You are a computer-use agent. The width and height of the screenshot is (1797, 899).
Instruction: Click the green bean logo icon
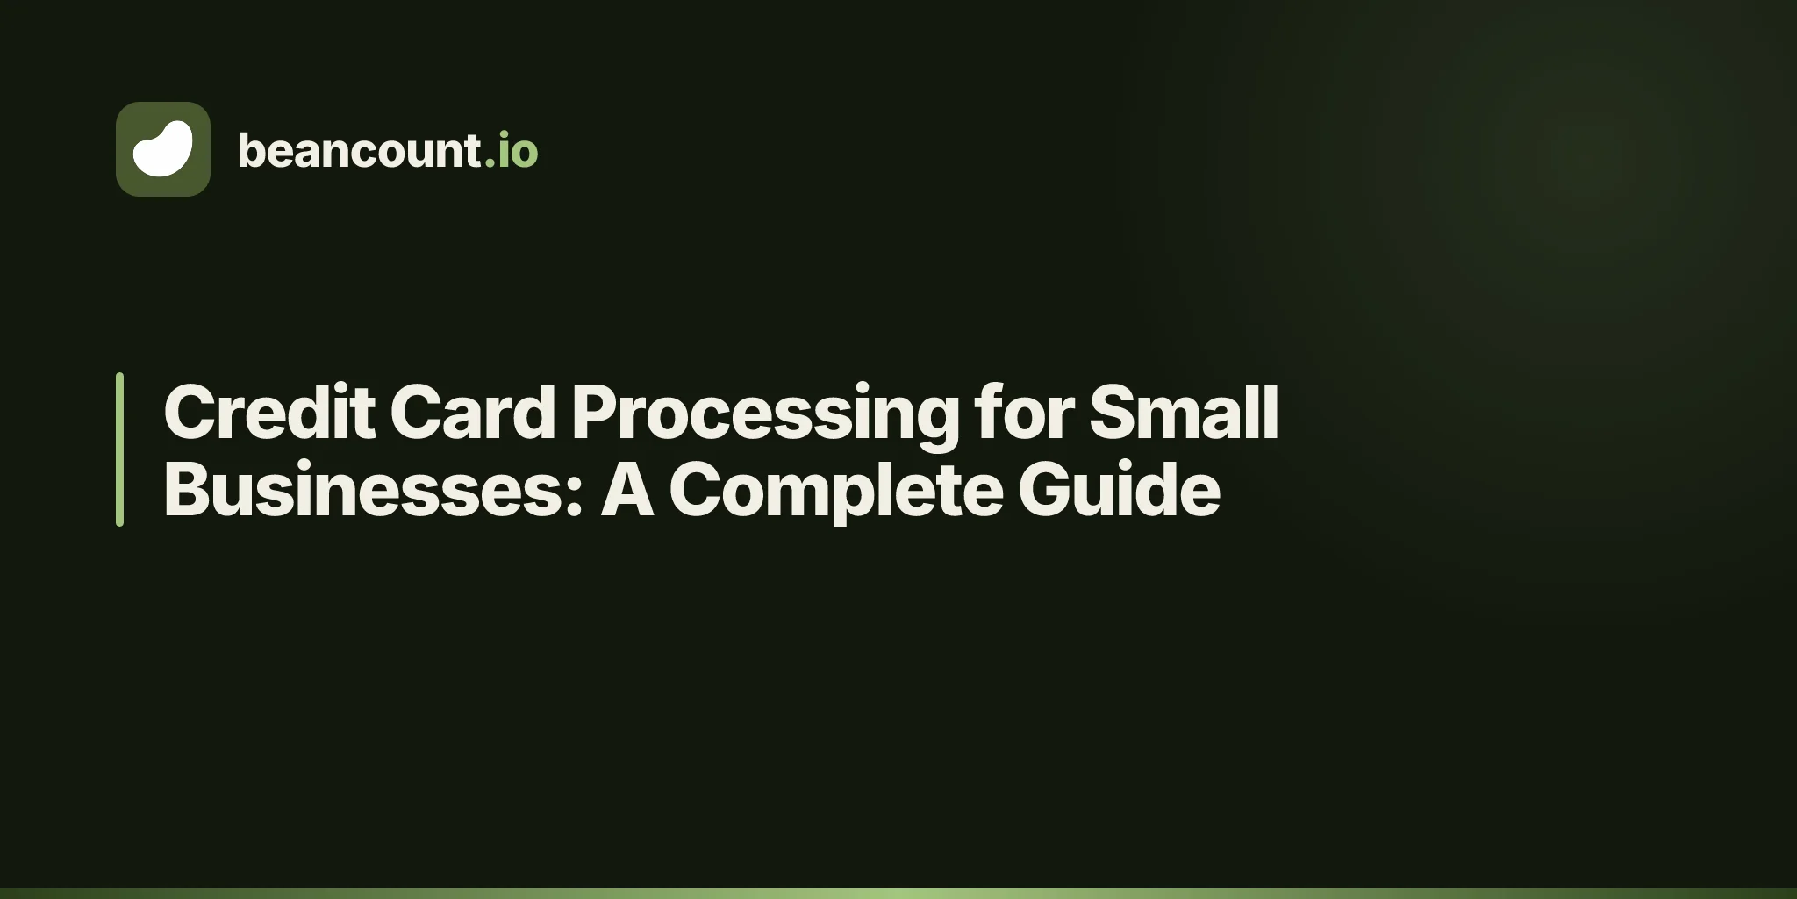coord(163,149)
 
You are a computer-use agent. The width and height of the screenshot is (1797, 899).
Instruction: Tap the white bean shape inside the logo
coord(163,148)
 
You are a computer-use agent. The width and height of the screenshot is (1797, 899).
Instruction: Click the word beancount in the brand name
coord(358,150)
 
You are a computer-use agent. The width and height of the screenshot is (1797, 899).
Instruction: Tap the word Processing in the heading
coord(765,417)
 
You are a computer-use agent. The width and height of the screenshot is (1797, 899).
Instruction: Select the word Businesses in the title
coord(364,489)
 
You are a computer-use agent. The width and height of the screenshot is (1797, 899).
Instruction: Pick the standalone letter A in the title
coord(627,489)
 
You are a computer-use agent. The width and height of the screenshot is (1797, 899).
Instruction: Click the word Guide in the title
coord(1119,489)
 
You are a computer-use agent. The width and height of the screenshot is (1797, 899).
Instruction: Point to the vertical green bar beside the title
coord(119,449)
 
